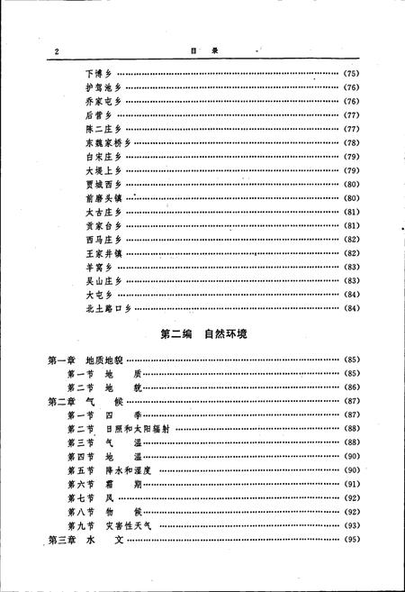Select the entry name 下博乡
click(101, 72)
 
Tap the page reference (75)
click(352, 72)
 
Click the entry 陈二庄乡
click(103, 130)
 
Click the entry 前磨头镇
click(103, 198)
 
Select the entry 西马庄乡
click(103, 240)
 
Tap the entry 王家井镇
click(103, 253)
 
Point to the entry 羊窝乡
click(101, 268)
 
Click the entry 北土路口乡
click(107, 309)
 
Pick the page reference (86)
click(352, 387)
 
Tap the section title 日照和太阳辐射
click(134, 429)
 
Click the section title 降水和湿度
click(130, 470)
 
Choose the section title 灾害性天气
click(130, 525)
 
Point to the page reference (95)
click(352, 540)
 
